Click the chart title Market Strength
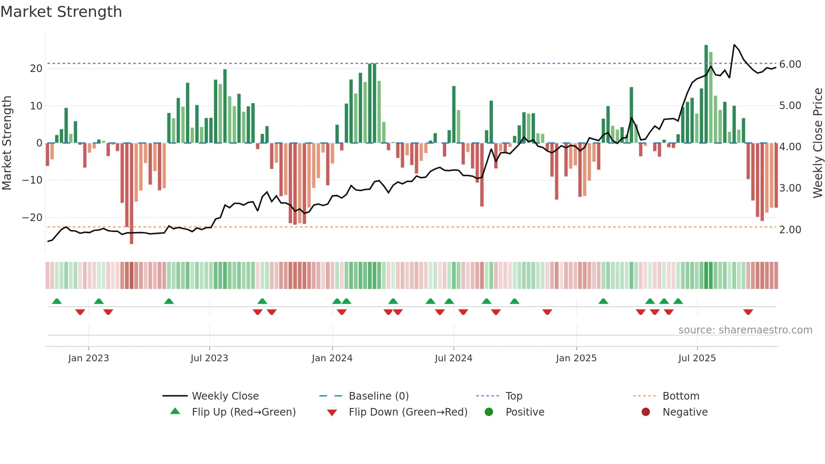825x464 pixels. click(61, 12)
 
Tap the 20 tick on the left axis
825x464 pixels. click(36, 69)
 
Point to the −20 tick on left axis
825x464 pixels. click(32, 218)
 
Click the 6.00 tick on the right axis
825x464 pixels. click(790, 64)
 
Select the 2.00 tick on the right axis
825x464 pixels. click(790, 230)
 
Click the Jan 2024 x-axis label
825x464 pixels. click(332, 358)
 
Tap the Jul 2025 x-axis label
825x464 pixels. click(697, 358)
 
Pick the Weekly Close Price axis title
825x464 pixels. click(817, 143)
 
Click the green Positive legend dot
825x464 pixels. click(489, 412)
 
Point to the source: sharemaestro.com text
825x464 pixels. click(745, 330)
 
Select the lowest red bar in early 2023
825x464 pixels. click(131, 194)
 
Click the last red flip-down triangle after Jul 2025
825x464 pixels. click(748, 312)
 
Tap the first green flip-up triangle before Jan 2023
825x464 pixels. click(57, 301)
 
